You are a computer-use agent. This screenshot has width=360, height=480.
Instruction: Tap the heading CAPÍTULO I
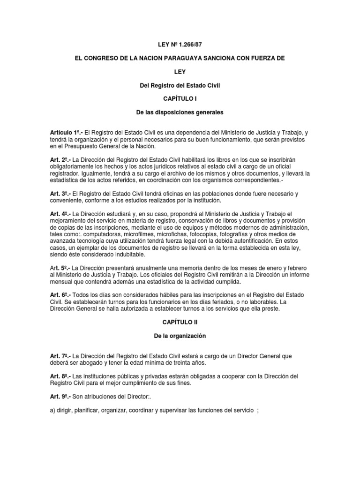[x=180, y=99]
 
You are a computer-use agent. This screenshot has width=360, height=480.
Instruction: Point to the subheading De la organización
[x=180, y=336]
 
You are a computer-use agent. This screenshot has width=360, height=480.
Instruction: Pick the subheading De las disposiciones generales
[x=180, y=112]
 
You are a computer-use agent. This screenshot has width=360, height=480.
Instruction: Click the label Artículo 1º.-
[x=66, y=133]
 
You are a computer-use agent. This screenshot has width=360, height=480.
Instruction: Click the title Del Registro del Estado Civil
[x=180, y=85]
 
